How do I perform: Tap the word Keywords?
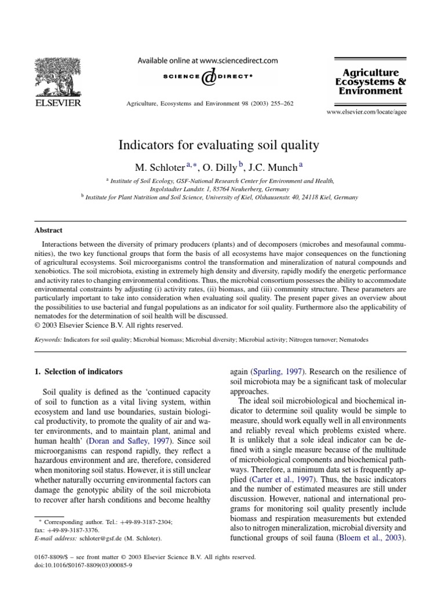[x=48, y=340]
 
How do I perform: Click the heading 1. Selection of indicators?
[x=79, y=371]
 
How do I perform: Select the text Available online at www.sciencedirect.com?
[x=207, y=60]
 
